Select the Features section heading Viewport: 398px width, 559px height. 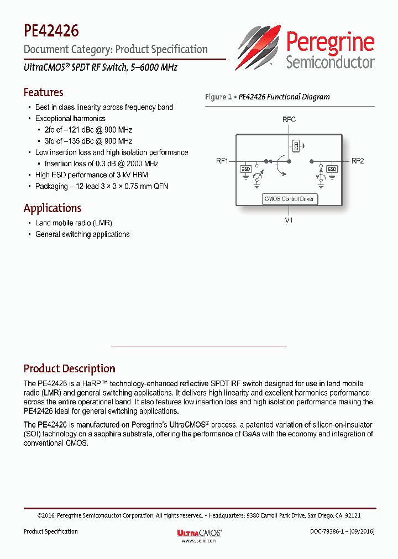pos(43,92)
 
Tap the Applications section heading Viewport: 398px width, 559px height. pos(53,208)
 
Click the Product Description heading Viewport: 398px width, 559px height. pos(69,368)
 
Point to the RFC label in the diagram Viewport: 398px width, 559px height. pos(289,119)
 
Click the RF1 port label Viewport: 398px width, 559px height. pos(222,161)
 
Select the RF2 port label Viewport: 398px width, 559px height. pos(358,161)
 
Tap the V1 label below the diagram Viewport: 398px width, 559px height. pos(289,220)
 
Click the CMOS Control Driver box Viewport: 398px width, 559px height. pos(290,199)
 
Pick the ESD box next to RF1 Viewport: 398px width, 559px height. pos(245,169)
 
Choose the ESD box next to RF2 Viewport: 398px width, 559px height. pos(332,169)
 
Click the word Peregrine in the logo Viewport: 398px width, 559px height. pos(330,42)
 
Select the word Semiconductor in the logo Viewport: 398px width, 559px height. pos(330,62)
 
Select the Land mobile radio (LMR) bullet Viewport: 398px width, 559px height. pos(74,223)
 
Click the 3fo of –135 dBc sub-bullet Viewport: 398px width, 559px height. pos(88,141)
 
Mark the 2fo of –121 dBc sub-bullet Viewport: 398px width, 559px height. pos(88,130)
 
